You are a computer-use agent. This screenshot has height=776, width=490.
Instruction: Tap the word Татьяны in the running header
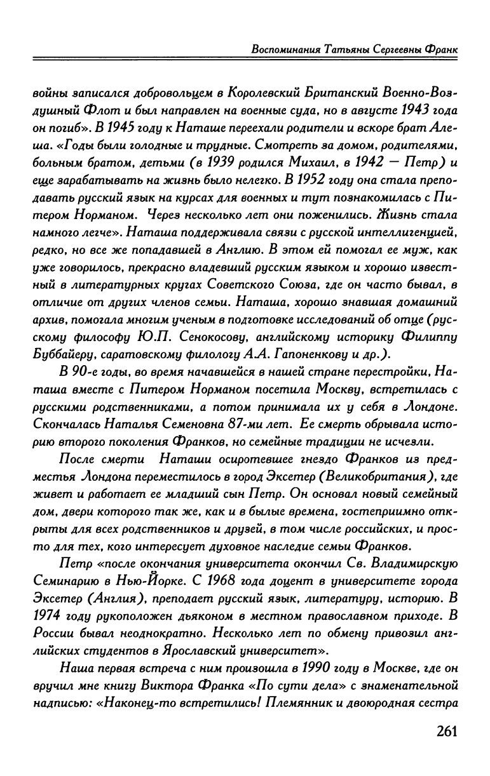click(345, 48)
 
